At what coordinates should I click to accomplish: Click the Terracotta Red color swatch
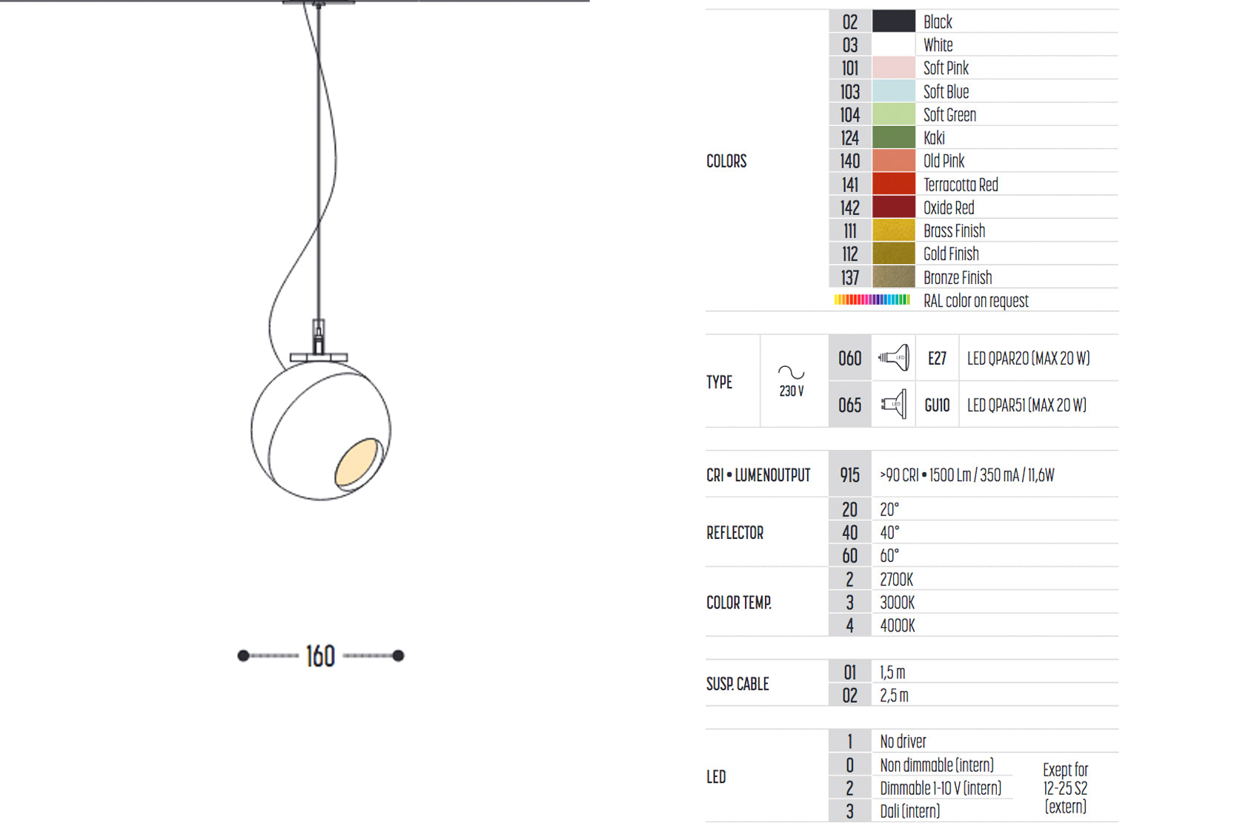pyautogui.click(x=893, y=184)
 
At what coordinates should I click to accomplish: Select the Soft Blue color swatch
pyautogui.click(x=893, y=91)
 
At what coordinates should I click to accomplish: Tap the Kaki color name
pyautogui.click(x=934, y=138)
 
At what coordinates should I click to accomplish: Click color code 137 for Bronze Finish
pyautogui.click(x=850, y=277)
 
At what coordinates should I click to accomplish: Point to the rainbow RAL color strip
pyautogui.click(x=872, y=300)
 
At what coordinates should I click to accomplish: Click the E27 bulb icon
pyautogui.click(x=893, y=358)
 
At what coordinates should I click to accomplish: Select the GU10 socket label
pyautogui.click(x=937, y=405)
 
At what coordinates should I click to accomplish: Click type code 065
pyautogui.click(x=850, y=405)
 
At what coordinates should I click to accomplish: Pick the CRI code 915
pyautogui.click(x=850, y=475)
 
